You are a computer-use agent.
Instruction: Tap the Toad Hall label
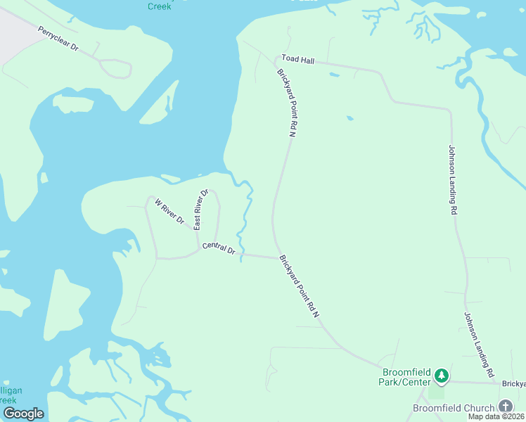point(297,60)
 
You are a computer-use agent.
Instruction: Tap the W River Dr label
point(169,212)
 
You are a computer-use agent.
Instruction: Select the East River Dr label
point(201,209)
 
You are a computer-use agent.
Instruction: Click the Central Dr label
point(219,248)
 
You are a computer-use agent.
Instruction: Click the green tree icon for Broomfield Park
point(441,376)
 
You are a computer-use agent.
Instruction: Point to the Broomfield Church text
point(454,407)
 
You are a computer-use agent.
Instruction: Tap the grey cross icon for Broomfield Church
point(506,407)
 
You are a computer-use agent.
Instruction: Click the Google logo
point(23,414)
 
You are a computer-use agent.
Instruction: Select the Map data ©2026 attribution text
point(496,416)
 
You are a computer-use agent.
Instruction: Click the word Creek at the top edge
point(160,6)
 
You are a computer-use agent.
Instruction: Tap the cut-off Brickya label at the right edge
point(513,384)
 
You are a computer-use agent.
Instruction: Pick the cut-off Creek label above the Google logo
point(12,399)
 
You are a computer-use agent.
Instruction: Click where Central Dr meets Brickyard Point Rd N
point(276,257)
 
